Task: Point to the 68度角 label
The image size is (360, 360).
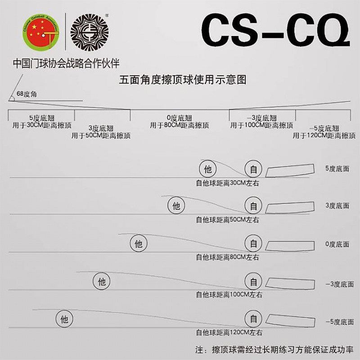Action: tap(27, 94)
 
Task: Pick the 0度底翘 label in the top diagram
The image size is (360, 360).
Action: tap(179, 117)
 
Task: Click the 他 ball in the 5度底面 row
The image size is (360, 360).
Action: tap(207, 169)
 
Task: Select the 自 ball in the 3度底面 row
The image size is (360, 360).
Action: tap(254, 206)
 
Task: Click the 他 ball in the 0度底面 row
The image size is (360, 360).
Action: tap(138, 244)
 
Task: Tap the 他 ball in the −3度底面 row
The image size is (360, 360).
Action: tap(102, 282)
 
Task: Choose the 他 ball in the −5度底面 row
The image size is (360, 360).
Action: tap(64, 320)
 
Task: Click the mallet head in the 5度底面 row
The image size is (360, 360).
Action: tap(290, 170)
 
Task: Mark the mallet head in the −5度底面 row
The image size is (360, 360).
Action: tap(290, 320)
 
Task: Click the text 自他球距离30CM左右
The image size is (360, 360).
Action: tap(227, 183)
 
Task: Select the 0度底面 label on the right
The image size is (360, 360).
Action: tap(337, 244)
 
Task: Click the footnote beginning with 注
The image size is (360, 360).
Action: tap(274, 349)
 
